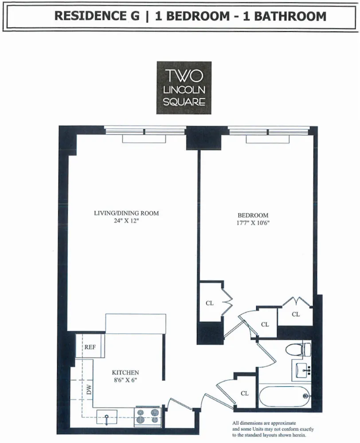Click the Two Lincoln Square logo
pyautogui.click(x=184, y=87)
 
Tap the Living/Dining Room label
pyautogui.click(x=126, y=213)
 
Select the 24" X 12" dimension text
pyautogui.click(x=126, y=221)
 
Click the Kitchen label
pyautogui.click(x=125, y=373)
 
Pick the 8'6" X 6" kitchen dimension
pyautogui.click(x=125, y=380)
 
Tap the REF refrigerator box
pyautogui.click(x=90, y=347)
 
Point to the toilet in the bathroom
pyautogui.click(x=297, y=350)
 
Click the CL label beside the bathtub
pyautogui.click(x=245, y=393)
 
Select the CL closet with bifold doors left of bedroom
pyautogui.click(x=210, y=303)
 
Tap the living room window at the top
pyautogui.click(x=145, y=131)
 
